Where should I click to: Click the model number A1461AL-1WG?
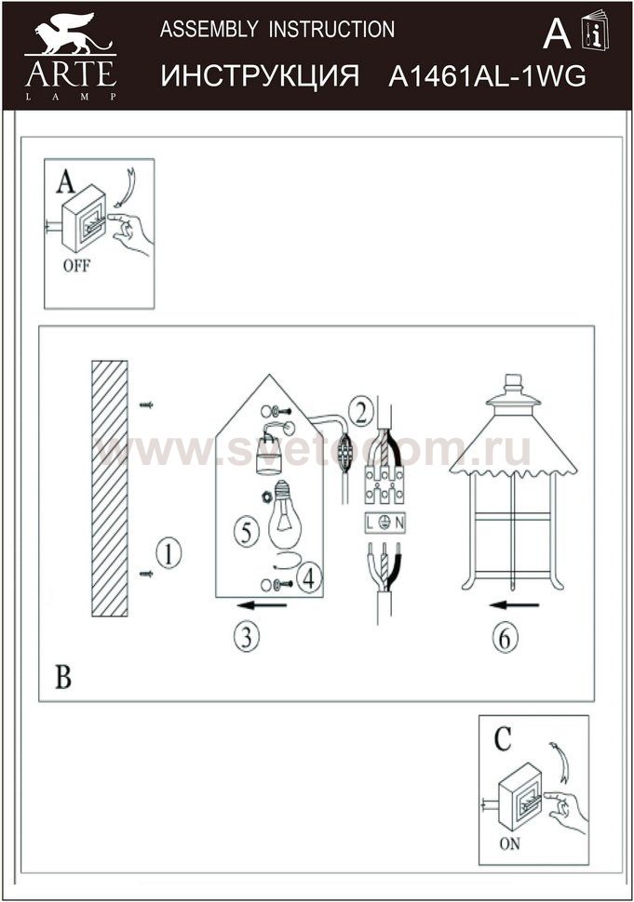click(487, 76)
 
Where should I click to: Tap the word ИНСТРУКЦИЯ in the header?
click(260, 76)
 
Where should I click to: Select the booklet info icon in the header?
click(594, 30)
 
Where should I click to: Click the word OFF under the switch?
click(76, 266)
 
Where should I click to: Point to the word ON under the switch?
click(509, 844)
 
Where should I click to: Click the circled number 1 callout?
click(169, 554)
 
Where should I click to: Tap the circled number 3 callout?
click(247, 637)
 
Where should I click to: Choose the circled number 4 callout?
click(309, 578)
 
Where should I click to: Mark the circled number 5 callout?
click(247, 532)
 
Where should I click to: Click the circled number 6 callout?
click(505, 637)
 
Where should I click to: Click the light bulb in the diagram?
click(285, 515)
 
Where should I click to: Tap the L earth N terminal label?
click(385, 523)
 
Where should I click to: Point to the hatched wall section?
click(110, 488)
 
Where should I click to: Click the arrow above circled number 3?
click(262, 605)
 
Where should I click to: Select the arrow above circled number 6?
click(514, 605)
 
